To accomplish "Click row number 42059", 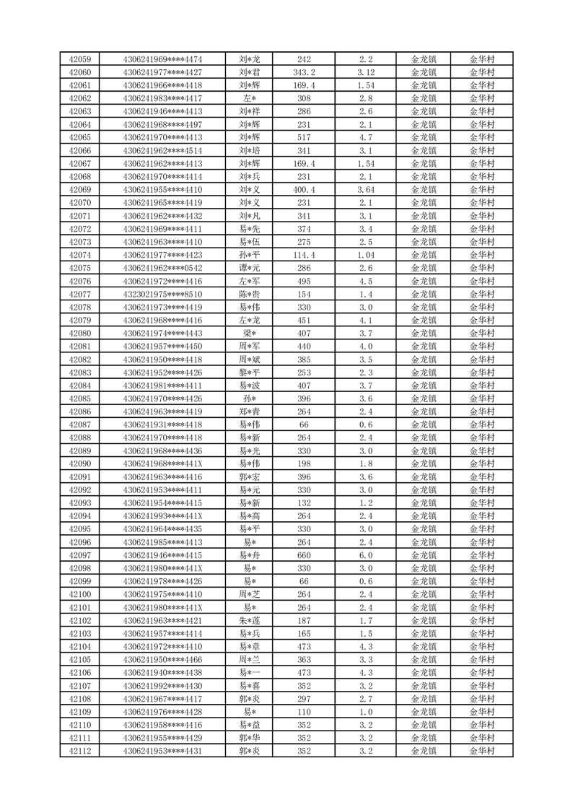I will point(79,59).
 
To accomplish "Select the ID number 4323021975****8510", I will point(163,295).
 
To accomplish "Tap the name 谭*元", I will point(250,268).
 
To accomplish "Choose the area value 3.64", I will point(366,190).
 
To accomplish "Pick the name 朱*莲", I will point(250,621).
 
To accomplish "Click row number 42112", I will point(79,752).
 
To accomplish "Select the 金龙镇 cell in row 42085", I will point(424,399).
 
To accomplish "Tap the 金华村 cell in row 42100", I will point(482,594).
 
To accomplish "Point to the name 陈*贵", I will point(250,295).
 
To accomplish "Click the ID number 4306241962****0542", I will point(163,268).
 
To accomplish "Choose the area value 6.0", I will point(366,555).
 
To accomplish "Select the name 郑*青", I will point(250,411).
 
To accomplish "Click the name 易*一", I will point(250,673).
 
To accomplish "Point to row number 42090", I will point(79,463).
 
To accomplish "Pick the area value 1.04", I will point(366,255).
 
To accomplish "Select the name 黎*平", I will point(250,373).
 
